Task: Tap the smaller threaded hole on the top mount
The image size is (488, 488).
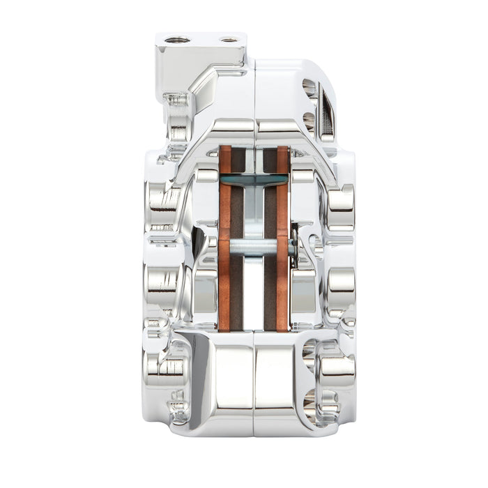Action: tap(229, 40)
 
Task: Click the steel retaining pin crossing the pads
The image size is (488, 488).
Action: tap(254, 246)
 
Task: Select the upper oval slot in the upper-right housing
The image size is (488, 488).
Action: tap(309, 88)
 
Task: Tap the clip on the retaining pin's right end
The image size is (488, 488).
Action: tap(295, 245)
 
